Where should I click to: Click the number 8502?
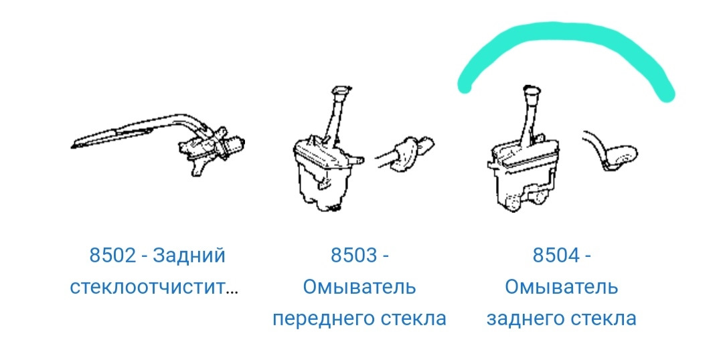point(112,256)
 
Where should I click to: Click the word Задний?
point(189,256)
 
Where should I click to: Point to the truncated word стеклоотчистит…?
point(154,288)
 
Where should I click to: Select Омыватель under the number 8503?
point(359,288)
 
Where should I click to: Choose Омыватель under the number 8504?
point(562,288)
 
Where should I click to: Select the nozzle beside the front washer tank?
point(408,151)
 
